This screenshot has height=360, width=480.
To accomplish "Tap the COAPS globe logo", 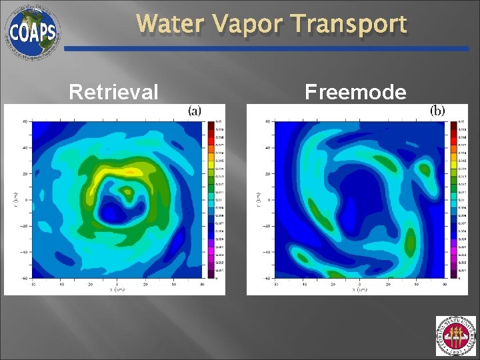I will [x=33, y=31].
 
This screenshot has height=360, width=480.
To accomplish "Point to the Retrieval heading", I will [x=114, y=91].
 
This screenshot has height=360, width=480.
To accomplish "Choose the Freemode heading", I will [x=355, y=91].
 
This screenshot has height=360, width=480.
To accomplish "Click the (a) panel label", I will [x=194, y=111].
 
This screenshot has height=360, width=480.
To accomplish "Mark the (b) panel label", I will [x=437, y=111].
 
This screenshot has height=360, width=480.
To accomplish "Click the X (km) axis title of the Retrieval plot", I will [x=117, y=289].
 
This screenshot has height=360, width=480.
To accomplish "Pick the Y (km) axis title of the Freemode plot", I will [x=257, y=199].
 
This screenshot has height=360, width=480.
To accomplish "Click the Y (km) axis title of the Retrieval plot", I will [x=15, y=199].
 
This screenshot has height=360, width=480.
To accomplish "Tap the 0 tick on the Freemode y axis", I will [x=269, y=199].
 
